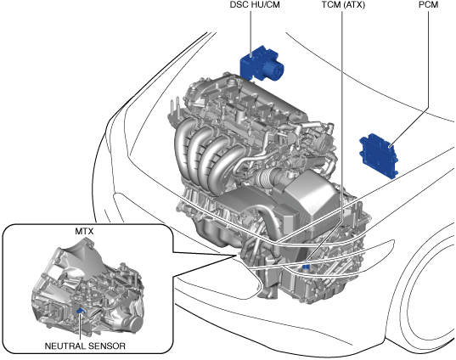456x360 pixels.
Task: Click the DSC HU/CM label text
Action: [255, 4]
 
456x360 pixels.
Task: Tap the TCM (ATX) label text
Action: [343, 4]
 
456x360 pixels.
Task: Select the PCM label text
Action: [428, 4]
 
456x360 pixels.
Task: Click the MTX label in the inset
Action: [84, 231]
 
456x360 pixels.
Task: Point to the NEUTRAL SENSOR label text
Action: [85, 346]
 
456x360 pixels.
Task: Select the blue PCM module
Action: [379, 155]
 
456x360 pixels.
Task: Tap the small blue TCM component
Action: [306, 267]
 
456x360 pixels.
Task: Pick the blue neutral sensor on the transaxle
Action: [80, 311]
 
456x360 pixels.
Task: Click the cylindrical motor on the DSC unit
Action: [273, 70]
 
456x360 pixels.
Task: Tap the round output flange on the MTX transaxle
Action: [134, 323]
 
